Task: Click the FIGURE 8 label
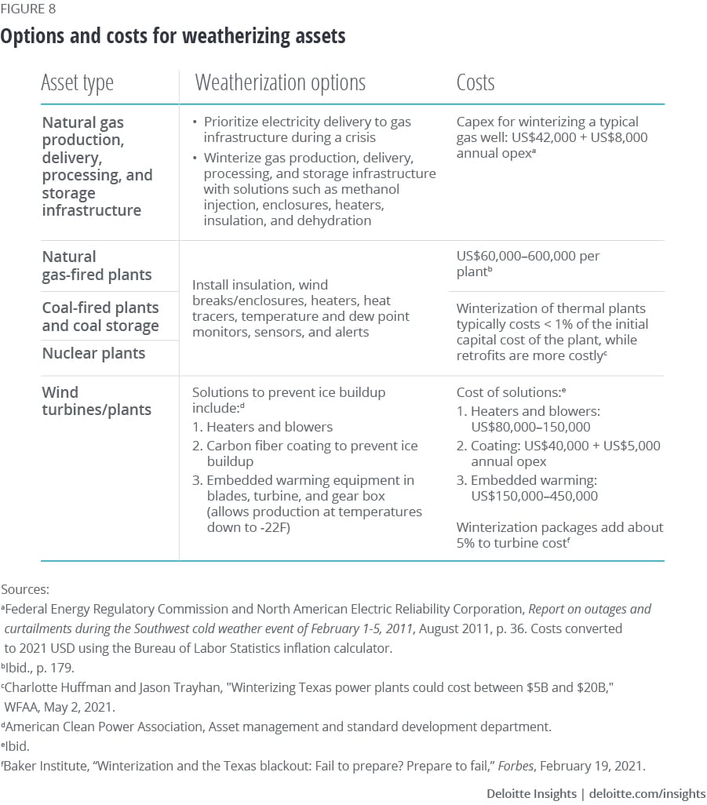click(x=27, y=9)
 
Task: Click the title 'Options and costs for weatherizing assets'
click(x=173, y=36)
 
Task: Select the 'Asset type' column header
click(x=77, y=82)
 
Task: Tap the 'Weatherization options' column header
click(x=280, y=82)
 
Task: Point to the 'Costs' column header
click(x=476, y=82)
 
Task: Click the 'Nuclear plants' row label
click(x=93, y=353)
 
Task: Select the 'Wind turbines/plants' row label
click(x=97, y=400)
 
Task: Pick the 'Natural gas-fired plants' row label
click(x=97, y=266)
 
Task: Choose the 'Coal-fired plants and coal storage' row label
click(x=100, y=316)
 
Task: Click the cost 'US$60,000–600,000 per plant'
click(x=527, y=264)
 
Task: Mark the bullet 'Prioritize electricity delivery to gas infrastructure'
click(x=306, y=129)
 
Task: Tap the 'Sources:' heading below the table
click(x=25, y=588)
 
